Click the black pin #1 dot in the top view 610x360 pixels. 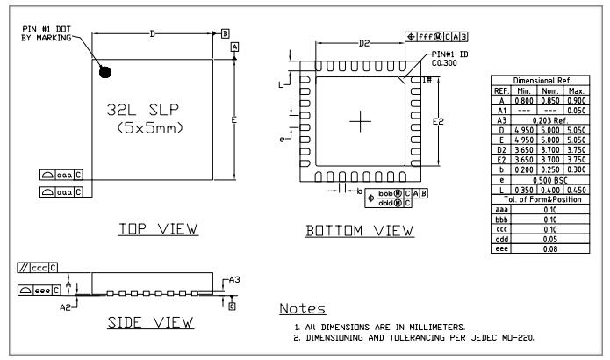[107, 70]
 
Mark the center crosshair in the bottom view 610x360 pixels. [360, 122]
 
